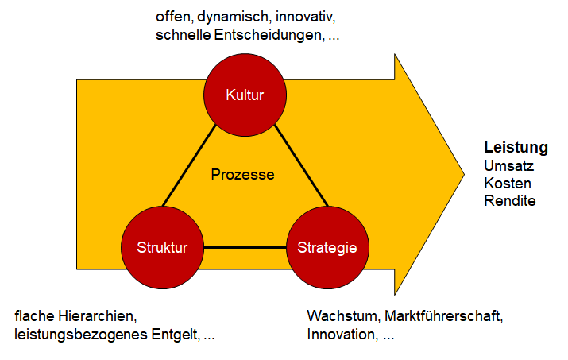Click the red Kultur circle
(x=245, y=95)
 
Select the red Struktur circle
(x=162, y=248)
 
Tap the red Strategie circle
(x=327, y=248)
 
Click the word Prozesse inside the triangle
(x=243, y=175)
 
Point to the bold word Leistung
(x=516, y=148)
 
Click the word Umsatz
(x=509, y=165)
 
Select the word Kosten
(x=508, y=183)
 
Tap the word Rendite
(x=510, y=200)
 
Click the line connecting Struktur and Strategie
(x=245, y=248)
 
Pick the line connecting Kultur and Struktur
(x=189, y=165)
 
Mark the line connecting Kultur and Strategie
(x=301, y=165)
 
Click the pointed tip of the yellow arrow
(x=464, y=174)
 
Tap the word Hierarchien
(x=98, y=316)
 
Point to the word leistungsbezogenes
(x=81, y=335)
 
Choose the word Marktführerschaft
(x=444, y=316)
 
